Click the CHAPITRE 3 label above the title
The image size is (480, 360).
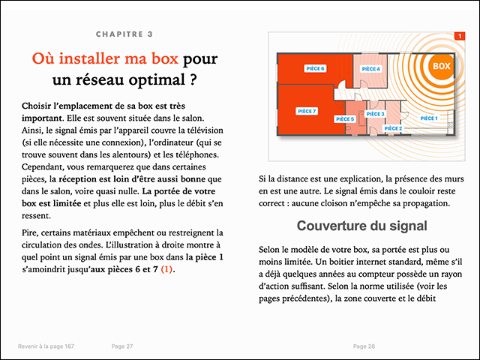(x=124, y=34)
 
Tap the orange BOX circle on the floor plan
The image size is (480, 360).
(x=441, y=67)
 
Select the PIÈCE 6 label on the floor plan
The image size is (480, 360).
(x=315, y=68)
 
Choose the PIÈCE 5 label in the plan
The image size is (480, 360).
(x=345, y=118)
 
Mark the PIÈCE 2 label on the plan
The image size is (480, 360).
(x=394, y=128)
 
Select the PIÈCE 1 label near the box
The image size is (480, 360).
(x=428, y=118)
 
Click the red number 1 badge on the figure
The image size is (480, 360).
(x=459, y=36)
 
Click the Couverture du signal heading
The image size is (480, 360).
(x=362, y=226)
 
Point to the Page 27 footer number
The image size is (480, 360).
(x=121, y=346)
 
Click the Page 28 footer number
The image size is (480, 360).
(x=364, y=346)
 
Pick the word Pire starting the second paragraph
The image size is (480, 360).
(x=31, y=232)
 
